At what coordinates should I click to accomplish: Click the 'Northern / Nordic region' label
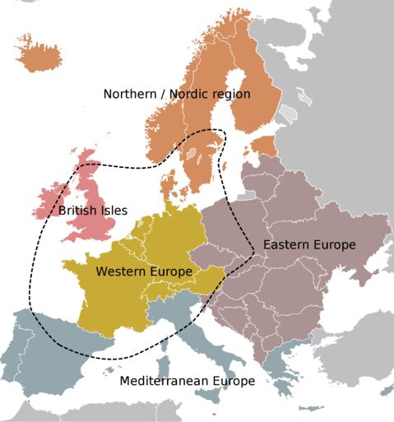coord(177,94)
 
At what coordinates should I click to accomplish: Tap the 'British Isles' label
coord(93,211)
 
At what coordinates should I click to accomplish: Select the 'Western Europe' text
coord(144,271)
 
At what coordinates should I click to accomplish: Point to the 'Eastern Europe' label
coord(309,245)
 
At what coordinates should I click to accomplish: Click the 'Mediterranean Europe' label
coord(187,381)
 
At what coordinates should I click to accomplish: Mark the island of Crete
coord(310,408)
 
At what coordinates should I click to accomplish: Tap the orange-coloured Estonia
coord(264,146)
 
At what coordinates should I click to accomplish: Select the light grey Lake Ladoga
coord(289,114)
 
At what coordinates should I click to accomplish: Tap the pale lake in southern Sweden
coord(192,152)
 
